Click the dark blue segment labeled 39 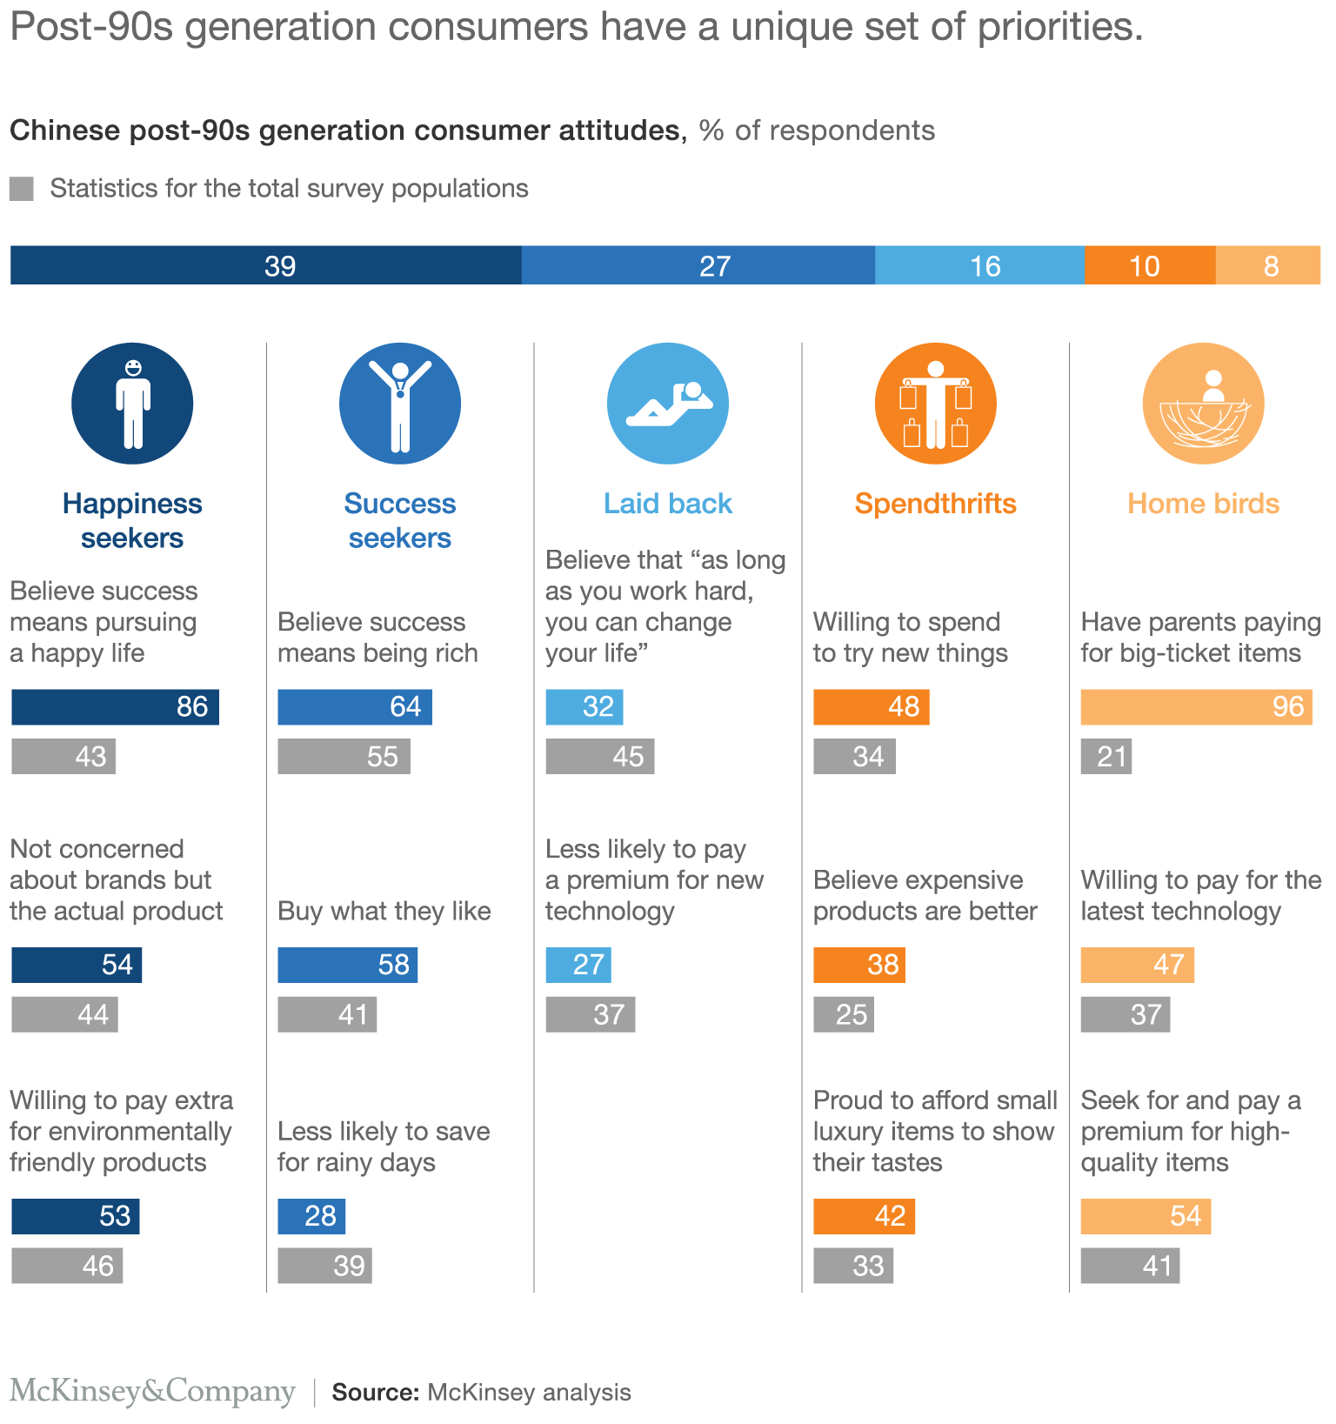pyautogui.click(x=265, y=265)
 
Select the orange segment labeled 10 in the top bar pyautogui.click(x=1149, y=265)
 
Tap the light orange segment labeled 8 pyautogui.click(x=1267, y=265)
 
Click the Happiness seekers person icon pyautogui.click(x=132, y=404)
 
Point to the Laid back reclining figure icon pyautogui.click(x=668, y=404)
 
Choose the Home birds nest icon pyautogui.click(x=1203, y=404)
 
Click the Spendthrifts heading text pyautogui.click(x=935, y=504)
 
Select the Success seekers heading pyautogui.click(x=399, y=520)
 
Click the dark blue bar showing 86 pyautogui.click(x=115, y=707)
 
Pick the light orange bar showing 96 pyautogui.click(x=1196, y=707)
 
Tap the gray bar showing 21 pyautogui.click(x=1106, y=757)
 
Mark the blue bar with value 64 pyautogui.click(x=355, y=707)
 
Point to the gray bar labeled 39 pyautogui.click(x=324, y=1267)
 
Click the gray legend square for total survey pyautogui.click(x=22, y=189)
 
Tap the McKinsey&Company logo pyautogui.click(x=152, y=1392)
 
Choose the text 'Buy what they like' pyautogui.click(x=384, y=912)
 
